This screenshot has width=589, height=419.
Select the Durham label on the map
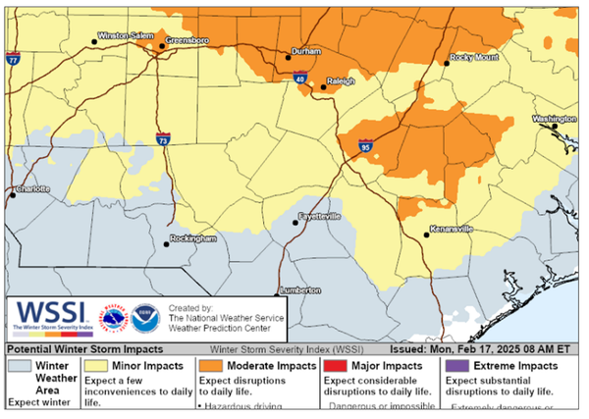click(308, 50)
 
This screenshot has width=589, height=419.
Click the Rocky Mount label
click(475, 58)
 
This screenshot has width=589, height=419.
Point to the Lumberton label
click(300, 290)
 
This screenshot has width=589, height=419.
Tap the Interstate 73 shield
click(162, 140)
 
